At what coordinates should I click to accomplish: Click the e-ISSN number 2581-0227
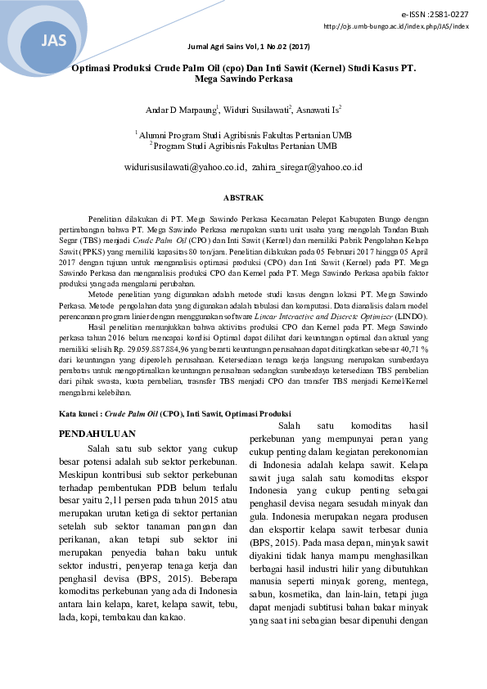click(451, 15)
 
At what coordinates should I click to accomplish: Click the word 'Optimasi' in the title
click(92, 70)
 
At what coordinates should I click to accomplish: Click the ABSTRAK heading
click(243, 198)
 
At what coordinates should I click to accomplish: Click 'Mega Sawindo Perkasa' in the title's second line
click(243, 81)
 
